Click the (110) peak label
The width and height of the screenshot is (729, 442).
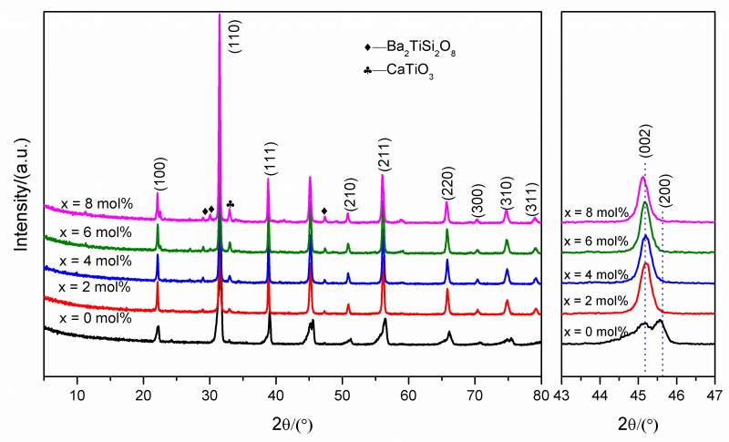point(234,59)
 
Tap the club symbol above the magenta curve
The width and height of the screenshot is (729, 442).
point(230,204)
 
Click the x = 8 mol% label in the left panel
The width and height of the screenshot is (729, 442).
point(96,203)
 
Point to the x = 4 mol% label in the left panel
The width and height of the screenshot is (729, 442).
point(96,261)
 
